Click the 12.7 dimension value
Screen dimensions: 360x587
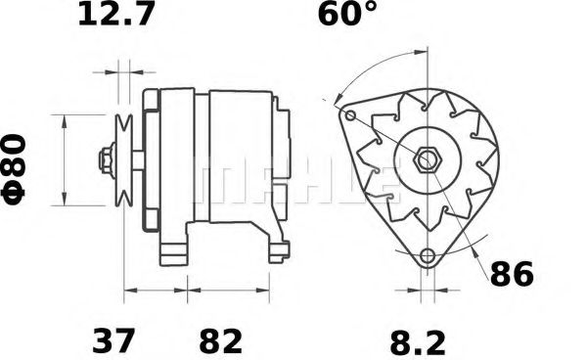pos(114,16)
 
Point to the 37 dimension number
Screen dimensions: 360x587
pos(113,341)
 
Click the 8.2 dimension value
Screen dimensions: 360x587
pos(417,341)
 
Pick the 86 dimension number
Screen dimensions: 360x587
pos(511,275)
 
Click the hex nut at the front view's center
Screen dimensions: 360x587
pos(427,158)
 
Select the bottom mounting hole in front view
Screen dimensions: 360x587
pos(426,257)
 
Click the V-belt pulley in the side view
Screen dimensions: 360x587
pos(124,158)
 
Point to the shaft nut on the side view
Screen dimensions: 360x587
pos(104,159)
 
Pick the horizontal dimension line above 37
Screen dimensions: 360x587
pos(156,291)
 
